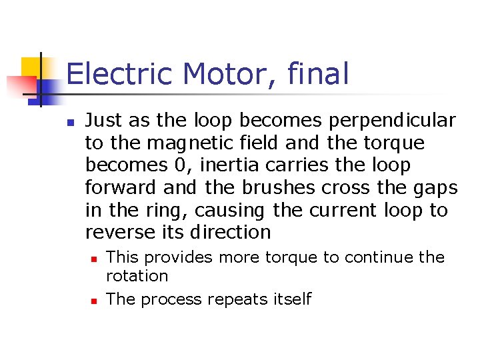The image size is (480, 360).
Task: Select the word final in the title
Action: [319, 74]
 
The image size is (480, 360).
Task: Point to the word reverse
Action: [115, 233]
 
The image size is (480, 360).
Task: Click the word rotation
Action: [137, 275]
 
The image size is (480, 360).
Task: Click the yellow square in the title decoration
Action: [31, 67]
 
